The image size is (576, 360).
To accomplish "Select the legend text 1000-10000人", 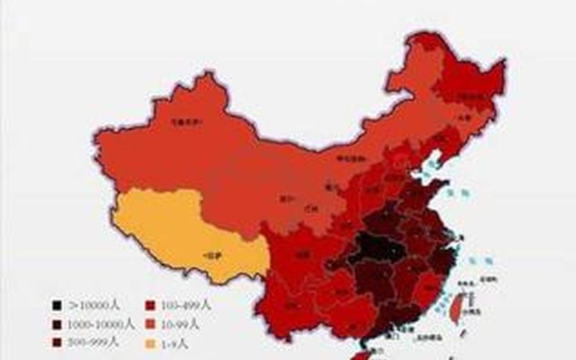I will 101,324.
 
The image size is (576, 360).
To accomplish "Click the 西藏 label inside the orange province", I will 212,254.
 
